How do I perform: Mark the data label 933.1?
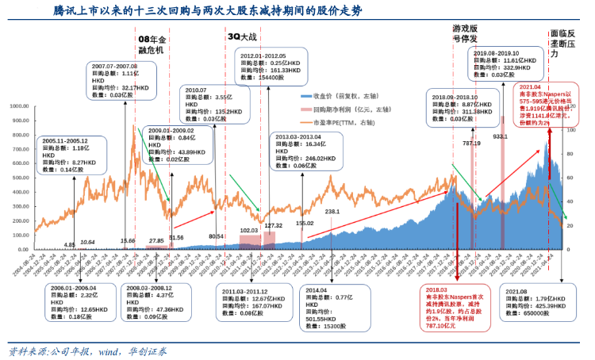500,136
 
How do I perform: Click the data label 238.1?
332,212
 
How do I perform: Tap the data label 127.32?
274,226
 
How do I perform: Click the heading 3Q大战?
243,36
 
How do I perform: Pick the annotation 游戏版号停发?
465,33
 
